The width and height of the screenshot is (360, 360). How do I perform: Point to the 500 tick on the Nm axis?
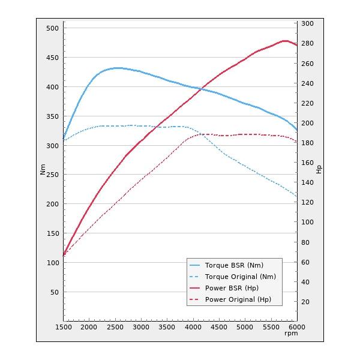[52, 28]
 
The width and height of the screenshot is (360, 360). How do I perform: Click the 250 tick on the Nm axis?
[52, 175]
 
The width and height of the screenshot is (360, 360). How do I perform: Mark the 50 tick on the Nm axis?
[54, 292]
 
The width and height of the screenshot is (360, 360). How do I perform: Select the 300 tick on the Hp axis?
[308, 23]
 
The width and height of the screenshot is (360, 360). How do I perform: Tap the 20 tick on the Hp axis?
[306, 302]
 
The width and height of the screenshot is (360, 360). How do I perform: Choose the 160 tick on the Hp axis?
[308, 163]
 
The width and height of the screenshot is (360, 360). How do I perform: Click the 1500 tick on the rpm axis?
[64, 327]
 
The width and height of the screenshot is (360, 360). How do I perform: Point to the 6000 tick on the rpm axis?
[296, 327]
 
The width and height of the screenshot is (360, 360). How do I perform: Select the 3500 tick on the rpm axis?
[167, 327]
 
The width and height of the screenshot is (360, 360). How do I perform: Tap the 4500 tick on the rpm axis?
[219, 327]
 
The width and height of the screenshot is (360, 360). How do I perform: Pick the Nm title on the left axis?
[43, 170]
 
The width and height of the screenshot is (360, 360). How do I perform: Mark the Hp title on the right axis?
[319, 170]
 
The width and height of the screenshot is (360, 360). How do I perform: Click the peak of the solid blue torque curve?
[117, 68]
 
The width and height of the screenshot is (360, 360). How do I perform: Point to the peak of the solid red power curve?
[285, 41]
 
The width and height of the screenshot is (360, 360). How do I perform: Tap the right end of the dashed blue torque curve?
[296, 196]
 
